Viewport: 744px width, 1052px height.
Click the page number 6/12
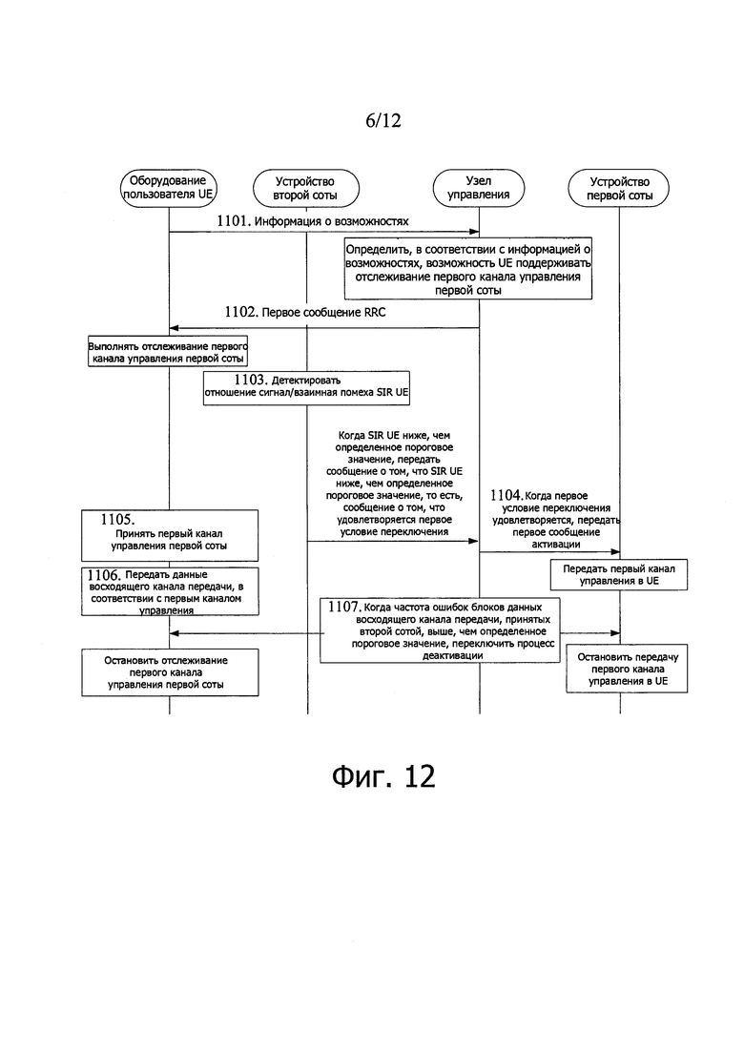click(382, 120)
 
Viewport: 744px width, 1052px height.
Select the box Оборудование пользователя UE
click(169, 187)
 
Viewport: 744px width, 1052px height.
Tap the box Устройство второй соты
click(305, 187)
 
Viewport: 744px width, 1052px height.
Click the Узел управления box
click(478, 187)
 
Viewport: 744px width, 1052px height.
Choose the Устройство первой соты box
click(620, 187)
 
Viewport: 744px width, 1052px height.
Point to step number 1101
click(233, 221)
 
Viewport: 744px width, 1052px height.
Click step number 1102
click(240, 311)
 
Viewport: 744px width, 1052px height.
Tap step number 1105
click(117, 521)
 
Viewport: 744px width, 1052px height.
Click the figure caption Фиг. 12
click(383, 775)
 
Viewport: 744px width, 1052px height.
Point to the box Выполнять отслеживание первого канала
click(168, 350)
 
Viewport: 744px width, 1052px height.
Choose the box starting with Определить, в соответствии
click(469, 268)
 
